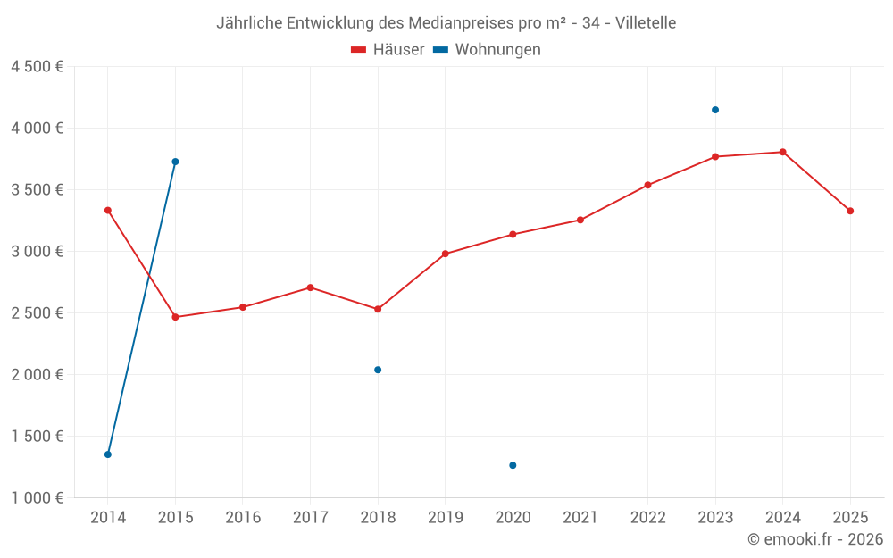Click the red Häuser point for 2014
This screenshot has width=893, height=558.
(108, 211)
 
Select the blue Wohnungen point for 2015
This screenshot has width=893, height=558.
(175, 162)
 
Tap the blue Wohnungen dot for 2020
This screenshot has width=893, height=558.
(513, 465)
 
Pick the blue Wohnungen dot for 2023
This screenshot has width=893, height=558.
(715, 110)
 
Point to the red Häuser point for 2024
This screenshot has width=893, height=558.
(783, 152)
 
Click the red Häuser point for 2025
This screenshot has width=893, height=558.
(850, 211)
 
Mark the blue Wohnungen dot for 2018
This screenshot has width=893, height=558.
(378, 370)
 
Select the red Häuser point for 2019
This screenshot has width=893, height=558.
(446, 254)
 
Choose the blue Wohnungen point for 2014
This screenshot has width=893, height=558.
(108, 454)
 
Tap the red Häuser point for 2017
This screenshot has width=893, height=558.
(310, 287)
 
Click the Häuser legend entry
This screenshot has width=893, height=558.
(388, 50)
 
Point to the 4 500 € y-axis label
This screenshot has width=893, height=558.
(37, 67)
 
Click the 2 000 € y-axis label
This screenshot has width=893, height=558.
(37, 374)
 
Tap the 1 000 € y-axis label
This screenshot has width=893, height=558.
(37, 497)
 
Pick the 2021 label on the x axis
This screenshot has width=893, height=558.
(580, 517)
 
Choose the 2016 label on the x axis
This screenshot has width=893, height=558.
(243, 517)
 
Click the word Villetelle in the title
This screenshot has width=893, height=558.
(646, 22)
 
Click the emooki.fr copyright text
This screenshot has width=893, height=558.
(815, 539)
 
